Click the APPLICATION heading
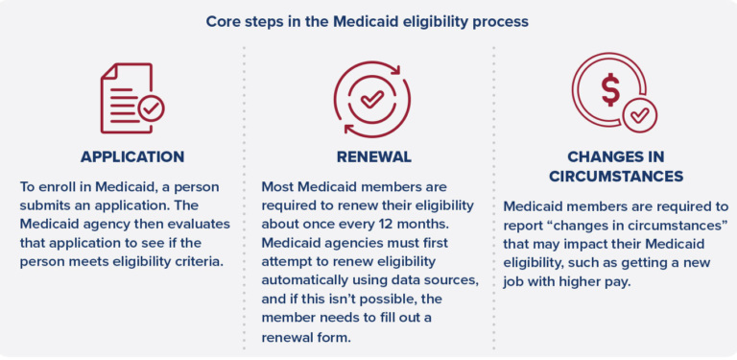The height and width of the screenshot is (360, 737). tap(132, 156)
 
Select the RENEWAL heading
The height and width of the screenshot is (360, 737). tap(373, 156)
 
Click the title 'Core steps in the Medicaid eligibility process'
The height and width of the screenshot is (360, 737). tap(368, 20)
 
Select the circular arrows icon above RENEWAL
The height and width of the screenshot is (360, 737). tap(371, 99)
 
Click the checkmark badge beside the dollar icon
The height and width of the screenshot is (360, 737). tap(639, 115)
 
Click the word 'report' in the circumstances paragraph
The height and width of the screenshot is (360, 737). tap(524, 225)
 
